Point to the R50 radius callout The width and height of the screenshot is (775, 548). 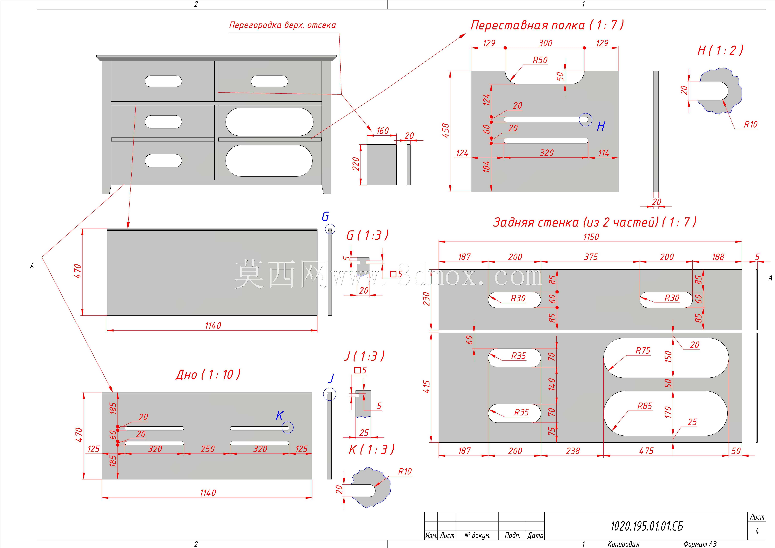(x=540, y=60)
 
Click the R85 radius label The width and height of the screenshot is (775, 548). (x=645, y=406)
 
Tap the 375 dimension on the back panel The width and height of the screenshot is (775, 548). (x=591, y=257)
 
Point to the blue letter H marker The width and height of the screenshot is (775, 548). (x=601, y=126)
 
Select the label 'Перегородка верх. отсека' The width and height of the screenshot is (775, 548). (x=283, y=25)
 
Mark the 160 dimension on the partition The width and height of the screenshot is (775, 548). (x=382, y=131)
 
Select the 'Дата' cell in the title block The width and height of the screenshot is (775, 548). (x=535, y=535)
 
